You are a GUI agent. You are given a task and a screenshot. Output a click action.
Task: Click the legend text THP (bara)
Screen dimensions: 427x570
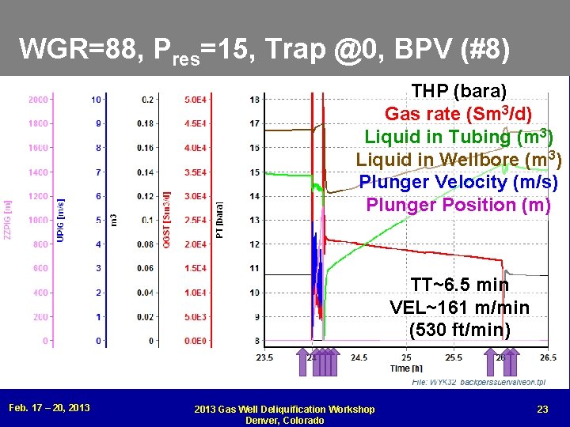(459, 90)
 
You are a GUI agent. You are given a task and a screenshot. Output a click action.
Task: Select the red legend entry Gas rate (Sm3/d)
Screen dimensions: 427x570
(458, 113)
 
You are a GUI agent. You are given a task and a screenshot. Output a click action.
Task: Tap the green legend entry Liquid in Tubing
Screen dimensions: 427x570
(458, 136)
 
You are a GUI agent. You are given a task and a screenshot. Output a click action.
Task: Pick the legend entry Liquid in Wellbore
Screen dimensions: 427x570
(458, 159)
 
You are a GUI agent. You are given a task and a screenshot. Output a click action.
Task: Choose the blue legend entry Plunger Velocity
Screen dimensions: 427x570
(458, 182)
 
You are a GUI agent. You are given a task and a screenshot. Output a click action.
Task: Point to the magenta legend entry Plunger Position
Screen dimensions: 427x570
(458, 205)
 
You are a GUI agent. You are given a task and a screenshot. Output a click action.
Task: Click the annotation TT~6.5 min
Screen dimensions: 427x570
(460, 285)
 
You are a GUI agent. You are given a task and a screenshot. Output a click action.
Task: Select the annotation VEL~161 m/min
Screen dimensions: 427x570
(460, 307)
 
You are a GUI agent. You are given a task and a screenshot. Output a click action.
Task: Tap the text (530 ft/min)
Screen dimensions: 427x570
(460, 329)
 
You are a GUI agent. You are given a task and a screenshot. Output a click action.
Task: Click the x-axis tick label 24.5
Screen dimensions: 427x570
(359, 357)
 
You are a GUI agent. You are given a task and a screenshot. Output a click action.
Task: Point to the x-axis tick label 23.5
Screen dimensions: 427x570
(265, 357)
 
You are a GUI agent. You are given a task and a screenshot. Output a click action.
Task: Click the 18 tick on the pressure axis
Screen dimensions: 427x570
(254, 100)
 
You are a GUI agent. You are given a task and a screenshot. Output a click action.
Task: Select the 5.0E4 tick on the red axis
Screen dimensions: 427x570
(197, 100)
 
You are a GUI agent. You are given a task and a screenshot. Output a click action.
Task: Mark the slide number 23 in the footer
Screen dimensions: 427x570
(542, 408)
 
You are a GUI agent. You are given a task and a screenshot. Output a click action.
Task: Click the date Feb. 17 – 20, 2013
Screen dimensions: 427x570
(49, 408)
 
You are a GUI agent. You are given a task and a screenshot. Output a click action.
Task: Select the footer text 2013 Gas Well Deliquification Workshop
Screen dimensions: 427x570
(285, 409)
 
